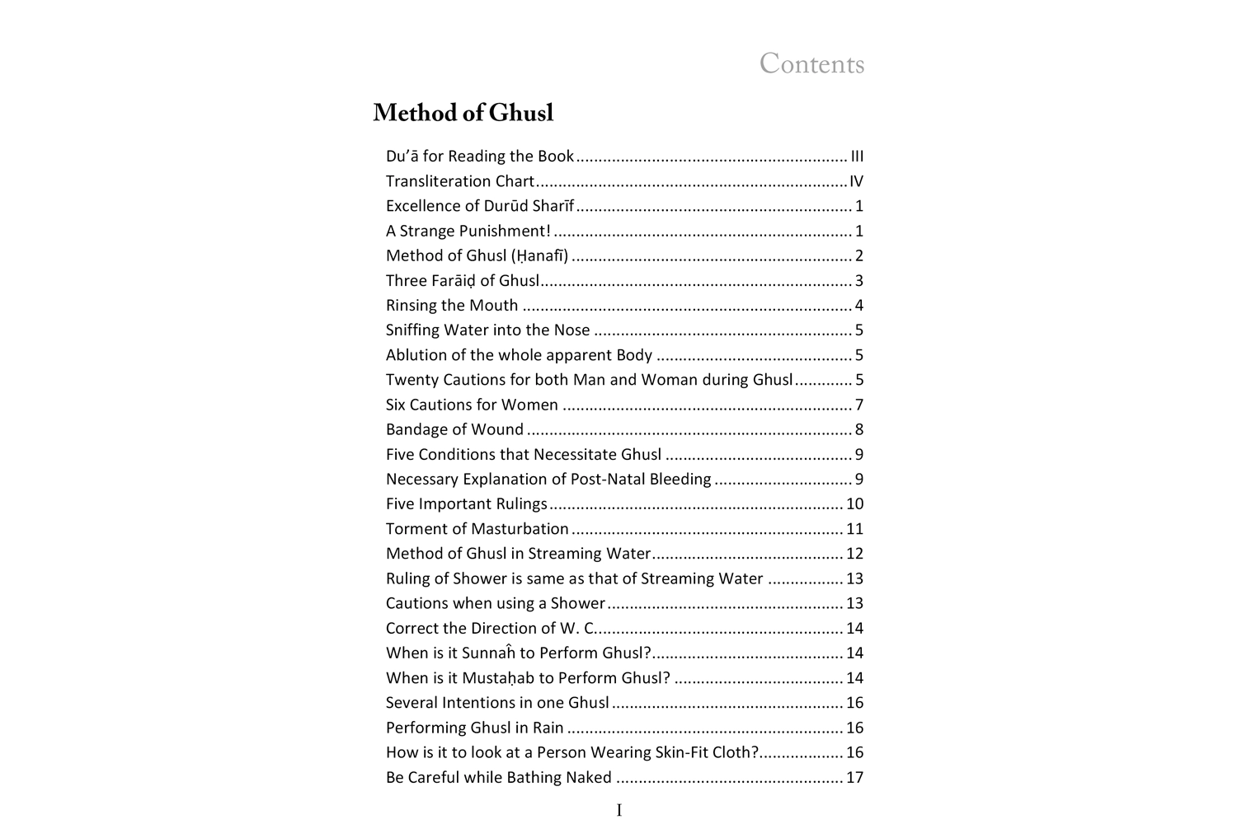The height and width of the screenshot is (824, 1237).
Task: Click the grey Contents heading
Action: (x=811, y=64)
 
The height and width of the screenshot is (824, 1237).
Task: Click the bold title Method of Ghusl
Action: (x=463, y=113)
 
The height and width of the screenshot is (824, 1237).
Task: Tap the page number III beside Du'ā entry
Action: (x=857, y=157)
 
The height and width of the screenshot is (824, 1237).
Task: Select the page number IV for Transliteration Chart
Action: (x=856, y=181)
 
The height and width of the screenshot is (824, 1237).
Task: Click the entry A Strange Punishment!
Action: (x=468, y=231)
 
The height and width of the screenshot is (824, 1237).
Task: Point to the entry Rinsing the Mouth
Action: (x=452, y=306)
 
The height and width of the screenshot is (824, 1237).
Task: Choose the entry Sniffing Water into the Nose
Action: (x=487, y=330)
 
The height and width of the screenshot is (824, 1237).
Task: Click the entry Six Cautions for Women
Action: (x=472, y=405)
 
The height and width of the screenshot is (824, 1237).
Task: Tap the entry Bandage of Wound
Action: (x=454, y=429)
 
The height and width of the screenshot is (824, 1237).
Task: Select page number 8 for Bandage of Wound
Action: (x=859, y=429)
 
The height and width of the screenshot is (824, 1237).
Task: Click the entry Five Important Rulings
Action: (x=466, y=503)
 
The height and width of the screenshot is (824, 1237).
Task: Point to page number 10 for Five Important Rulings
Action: (x=854, y=503)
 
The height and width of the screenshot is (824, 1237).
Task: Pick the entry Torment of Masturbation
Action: (x=477, y=528)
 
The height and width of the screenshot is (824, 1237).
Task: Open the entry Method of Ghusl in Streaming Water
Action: (x=518, y=554)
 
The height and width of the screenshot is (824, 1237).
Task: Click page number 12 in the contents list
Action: (x=854, y=554)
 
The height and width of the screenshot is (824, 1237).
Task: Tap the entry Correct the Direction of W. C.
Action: (x=490, y=628)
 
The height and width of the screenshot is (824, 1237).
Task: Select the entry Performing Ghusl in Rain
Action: (x=474, y=728)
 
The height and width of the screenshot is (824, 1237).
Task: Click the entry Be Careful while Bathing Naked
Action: (x=498, y=777)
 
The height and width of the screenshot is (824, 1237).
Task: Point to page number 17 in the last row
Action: (x=854, y=777)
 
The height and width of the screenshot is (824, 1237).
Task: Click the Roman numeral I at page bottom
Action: (x=619, y=811)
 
